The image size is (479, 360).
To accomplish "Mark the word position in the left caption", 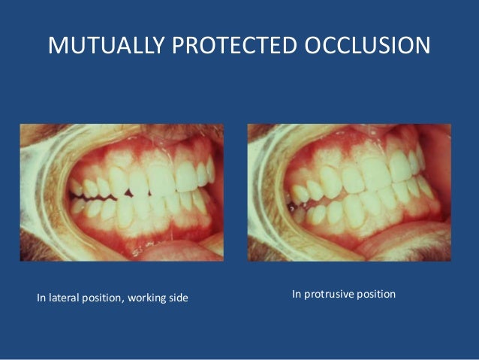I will click(x=104, y=301).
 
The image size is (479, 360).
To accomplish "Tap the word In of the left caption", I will click(x=41, y=301).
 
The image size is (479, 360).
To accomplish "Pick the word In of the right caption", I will click(x=297, y=294).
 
